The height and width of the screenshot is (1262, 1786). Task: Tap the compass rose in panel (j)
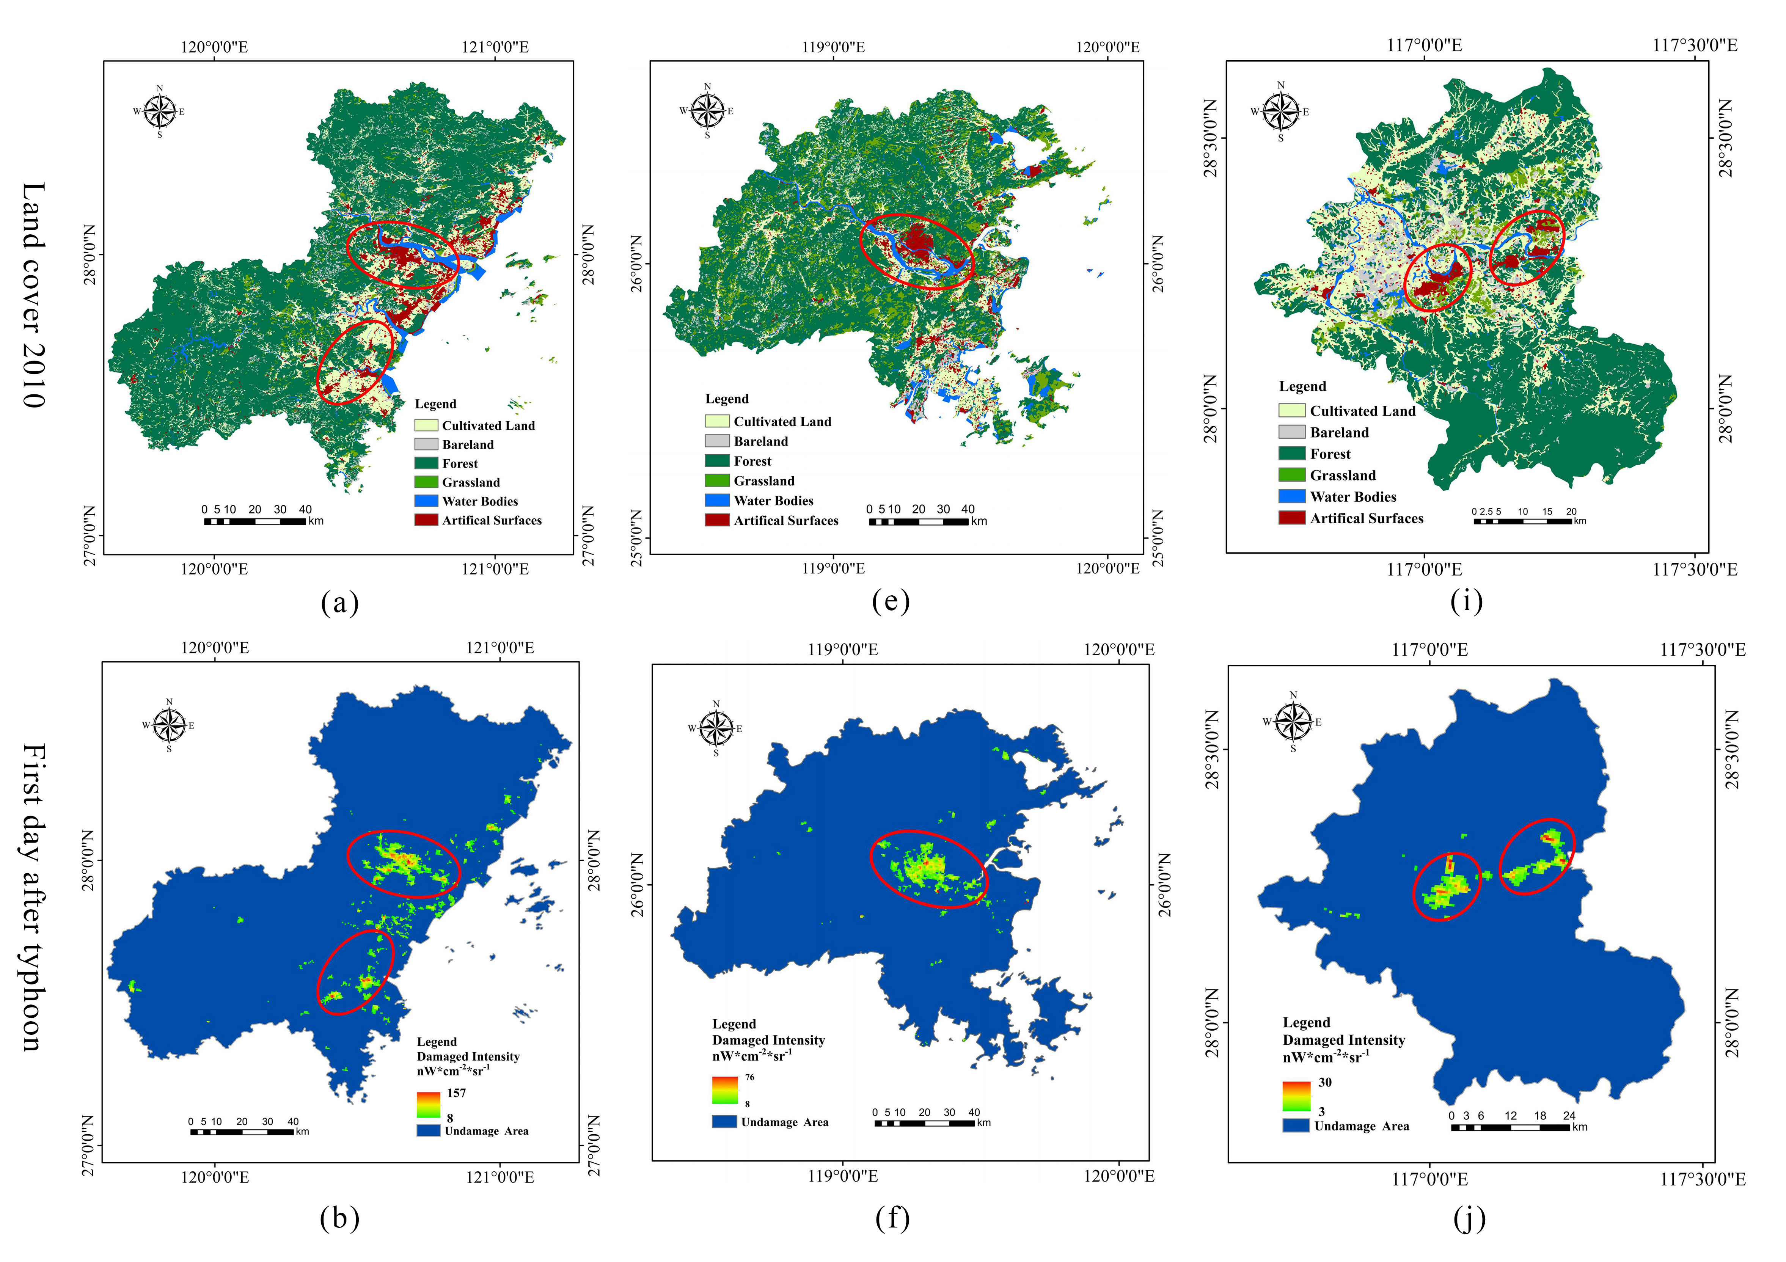[x=1293, y=722]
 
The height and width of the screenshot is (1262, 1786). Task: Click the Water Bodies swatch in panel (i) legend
[x=1291, y=497]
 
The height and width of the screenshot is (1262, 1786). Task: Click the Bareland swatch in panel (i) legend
[x=1291, y=432]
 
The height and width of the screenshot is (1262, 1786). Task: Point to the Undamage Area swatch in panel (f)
[x=724, y=1122]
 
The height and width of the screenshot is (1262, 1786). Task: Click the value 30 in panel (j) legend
[x=1325, y=1082]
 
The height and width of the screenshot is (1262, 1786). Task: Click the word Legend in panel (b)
[x=437, y=1042]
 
